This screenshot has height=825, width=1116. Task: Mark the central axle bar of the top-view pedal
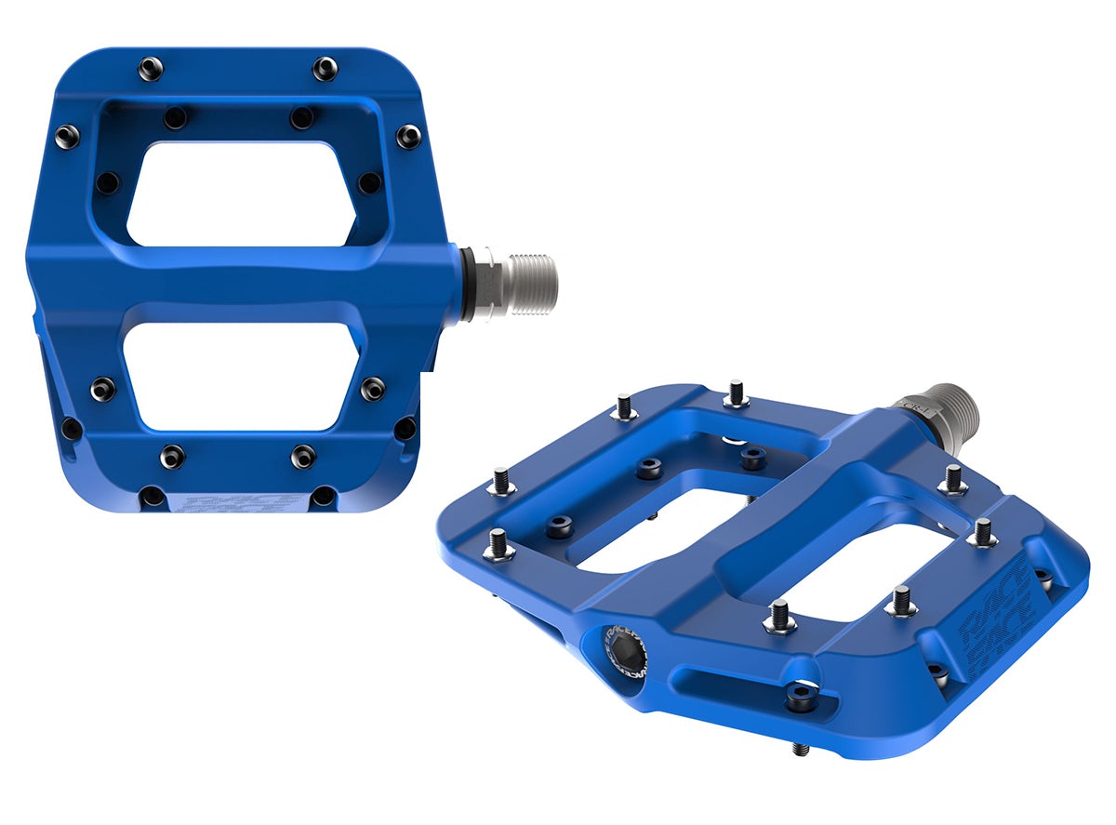pyautogui.click(x=242, y=279)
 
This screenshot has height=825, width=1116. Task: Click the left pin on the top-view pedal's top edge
pyautogui.click(x=149, y=67)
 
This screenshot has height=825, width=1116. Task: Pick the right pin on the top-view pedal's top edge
pyautogui.click(x=325, y=67)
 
